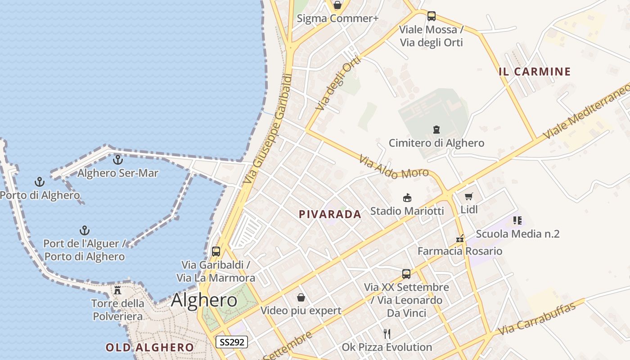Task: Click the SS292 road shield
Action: [232, 342]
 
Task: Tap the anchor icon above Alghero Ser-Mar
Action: [117, 160]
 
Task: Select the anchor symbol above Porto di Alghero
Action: [40, 182]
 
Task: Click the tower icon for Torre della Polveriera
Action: [117, 290]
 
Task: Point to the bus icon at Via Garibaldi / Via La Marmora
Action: [216, 252]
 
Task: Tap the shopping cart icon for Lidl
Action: [469, 196]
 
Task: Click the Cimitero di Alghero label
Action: [436, 143]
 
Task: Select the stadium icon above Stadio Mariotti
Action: [407, 198]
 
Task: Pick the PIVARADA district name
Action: [330, 215]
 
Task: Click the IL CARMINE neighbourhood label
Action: [535, 72]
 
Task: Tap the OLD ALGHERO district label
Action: [149, 347]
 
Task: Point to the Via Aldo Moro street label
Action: [394, 167]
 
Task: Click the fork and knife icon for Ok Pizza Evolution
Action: [387, 333]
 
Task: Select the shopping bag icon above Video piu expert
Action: [301, 297]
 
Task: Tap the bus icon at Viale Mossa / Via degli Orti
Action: [432, 16]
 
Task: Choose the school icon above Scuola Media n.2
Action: [517, 220]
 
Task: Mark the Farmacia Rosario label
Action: [460, 251]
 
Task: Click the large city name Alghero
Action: [204, 300]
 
